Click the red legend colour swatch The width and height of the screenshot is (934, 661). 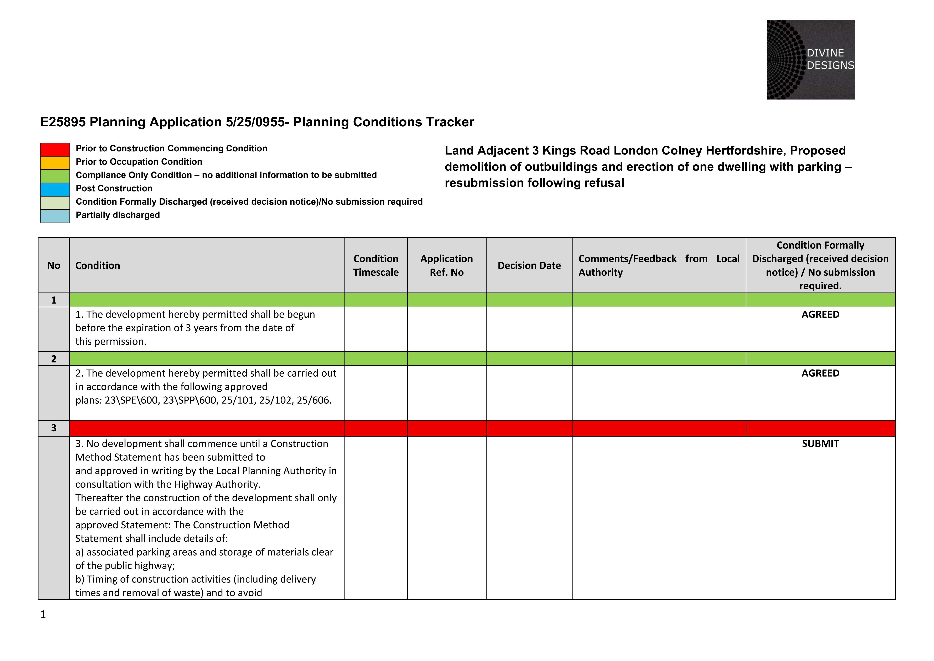(x=55, y=149)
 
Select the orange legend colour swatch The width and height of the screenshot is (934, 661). (x=55, y=163)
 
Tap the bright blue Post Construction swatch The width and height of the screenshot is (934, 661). (x=55, y=189)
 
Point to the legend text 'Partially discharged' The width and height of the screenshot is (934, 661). (x=118, y=215)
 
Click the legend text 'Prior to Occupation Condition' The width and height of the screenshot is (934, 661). (x=139, y=162)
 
